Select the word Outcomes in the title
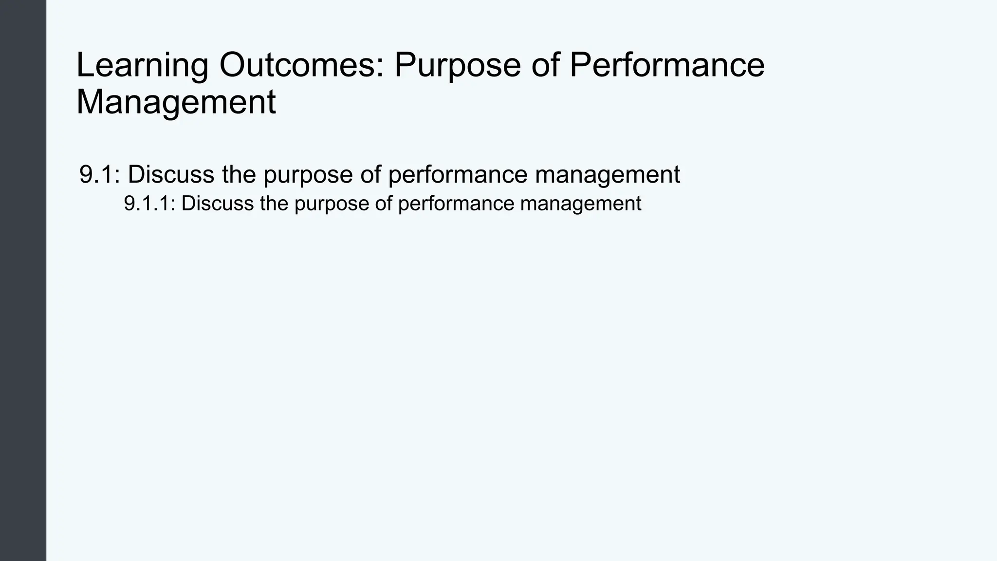click(x=301, y=65)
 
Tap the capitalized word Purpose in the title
click(x=457, y=65)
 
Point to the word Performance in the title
click(x=666, y=65)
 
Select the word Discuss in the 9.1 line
click(x=171, y=174)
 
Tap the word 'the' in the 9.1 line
click(x=239, y=174)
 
